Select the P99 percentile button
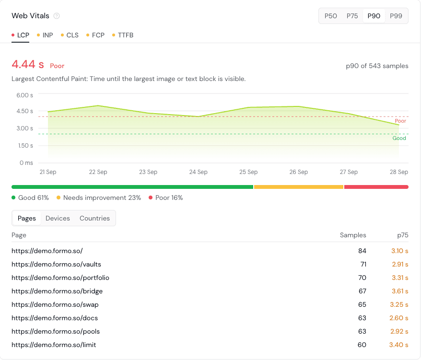[x=396, y=16]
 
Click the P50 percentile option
[x=330, y=16]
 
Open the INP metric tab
[x=45, y=35]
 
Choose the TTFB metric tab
[x=123, y=35]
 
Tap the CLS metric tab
[x=70, y=35]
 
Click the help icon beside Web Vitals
[x=57, y=16]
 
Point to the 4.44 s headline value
[x=28, y=64]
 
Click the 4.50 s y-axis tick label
[x=25, y=111]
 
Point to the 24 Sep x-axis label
[x=198, y=172]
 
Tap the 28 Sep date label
[x=399, y=172]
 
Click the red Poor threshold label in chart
[x=400, y=121]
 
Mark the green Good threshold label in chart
[x=399, y=138]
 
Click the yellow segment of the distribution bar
[x=299, y=187]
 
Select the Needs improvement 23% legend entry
[x=99, y=198]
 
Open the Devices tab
[x=58, y=218]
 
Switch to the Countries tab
[x=95, y=218]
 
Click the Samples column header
[x=353, y=235]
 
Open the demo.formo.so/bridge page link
[x=57, y=291]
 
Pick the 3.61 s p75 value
[x=400, y=291]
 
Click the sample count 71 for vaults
[x=363, y=265]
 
